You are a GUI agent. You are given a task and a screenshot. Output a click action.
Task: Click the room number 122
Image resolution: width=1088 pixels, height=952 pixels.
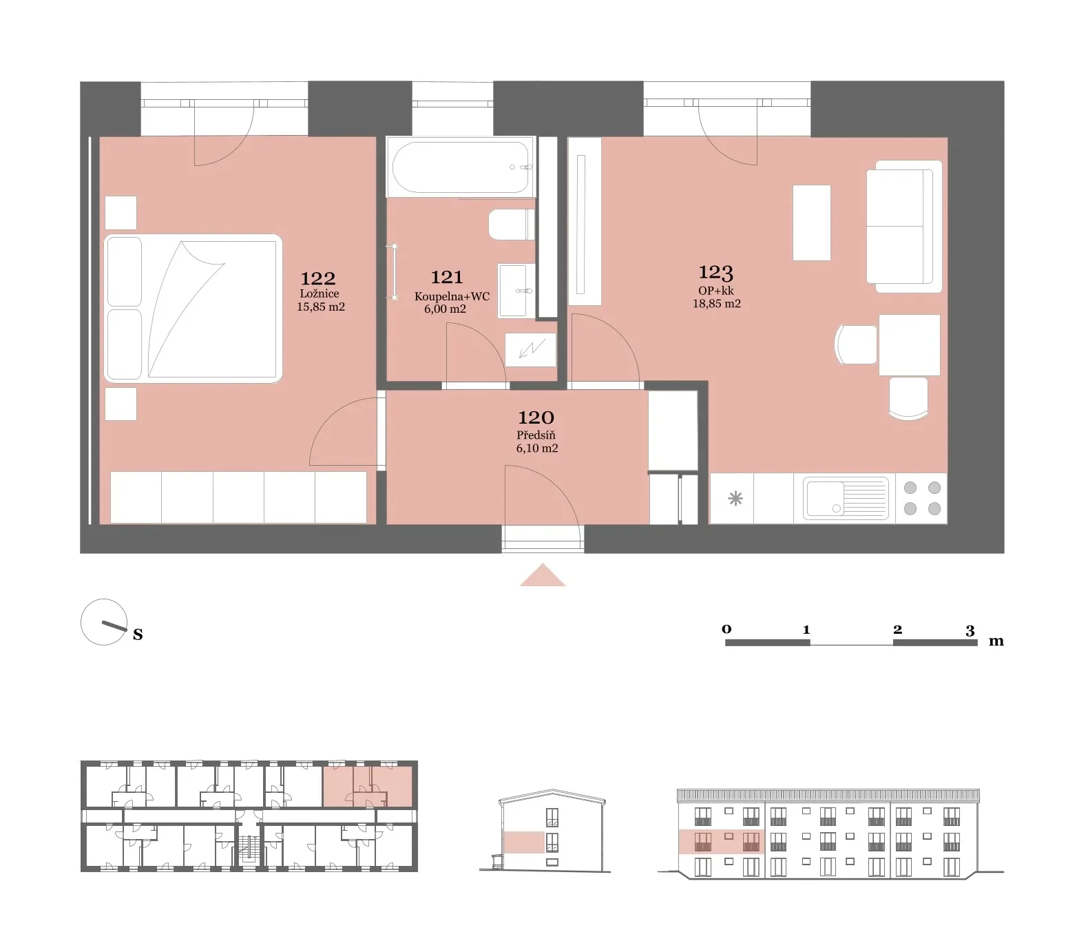tap(318, 278)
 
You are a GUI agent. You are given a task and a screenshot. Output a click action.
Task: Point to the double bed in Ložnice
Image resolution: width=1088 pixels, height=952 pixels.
tap(193, 309)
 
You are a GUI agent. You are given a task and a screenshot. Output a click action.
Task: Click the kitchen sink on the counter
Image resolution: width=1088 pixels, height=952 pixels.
tap(845, 498)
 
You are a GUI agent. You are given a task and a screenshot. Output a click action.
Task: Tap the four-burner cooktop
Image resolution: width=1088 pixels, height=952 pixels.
tap(922, 498)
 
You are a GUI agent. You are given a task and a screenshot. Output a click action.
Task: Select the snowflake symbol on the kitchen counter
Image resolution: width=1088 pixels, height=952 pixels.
tap(735, 498)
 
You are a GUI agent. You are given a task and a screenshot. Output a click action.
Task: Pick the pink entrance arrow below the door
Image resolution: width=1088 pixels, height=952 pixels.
tap(543, 575)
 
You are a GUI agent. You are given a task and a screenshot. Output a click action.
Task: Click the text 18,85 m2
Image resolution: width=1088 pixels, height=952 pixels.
tap(717, 304)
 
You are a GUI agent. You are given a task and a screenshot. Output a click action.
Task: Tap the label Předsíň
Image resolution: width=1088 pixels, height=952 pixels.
tap(536, 435)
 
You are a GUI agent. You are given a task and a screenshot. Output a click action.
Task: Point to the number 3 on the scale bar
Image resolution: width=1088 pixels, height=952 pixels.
tap(970, 630)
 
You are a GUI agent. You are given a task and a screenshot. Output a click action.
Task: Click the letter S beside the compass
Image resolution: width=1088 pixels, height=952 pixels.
tap(138, 634)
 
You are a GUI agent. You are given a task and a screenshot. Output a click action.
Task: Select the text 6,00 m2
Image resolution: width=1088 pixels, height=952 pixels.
tap(445, 309)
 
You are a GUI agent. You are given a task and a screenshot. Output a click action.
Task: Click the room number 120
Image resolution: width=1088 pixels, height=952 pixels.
tap(536, 417)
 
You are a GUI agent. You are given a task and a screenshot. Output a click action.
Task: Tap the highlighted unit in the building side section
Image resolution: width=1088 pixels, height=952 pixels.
tap(524, 842)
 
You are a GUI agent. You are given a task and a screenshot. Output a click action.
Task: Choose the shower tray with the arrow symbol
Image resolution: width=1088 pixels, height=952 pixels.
tap(530, 350)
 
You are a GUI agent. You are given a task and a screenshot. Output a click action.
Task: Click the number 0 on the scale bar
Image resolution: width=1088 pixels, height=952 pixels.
tap(726, 629)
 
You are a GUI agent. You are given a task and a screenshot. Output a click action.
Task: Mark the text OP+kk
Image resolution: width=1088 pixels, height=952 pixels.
tap(716, 291)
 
